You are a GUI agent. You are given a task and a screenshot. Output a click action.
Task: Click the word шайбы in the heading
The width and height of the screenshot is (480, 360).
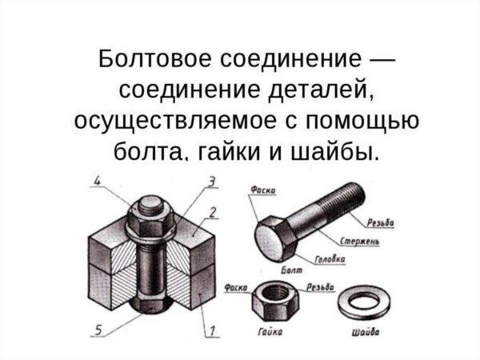(336, 150)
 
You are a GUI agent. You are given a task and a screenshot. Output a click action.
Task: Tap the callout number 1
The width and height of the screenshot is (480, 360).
(213, 328)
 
